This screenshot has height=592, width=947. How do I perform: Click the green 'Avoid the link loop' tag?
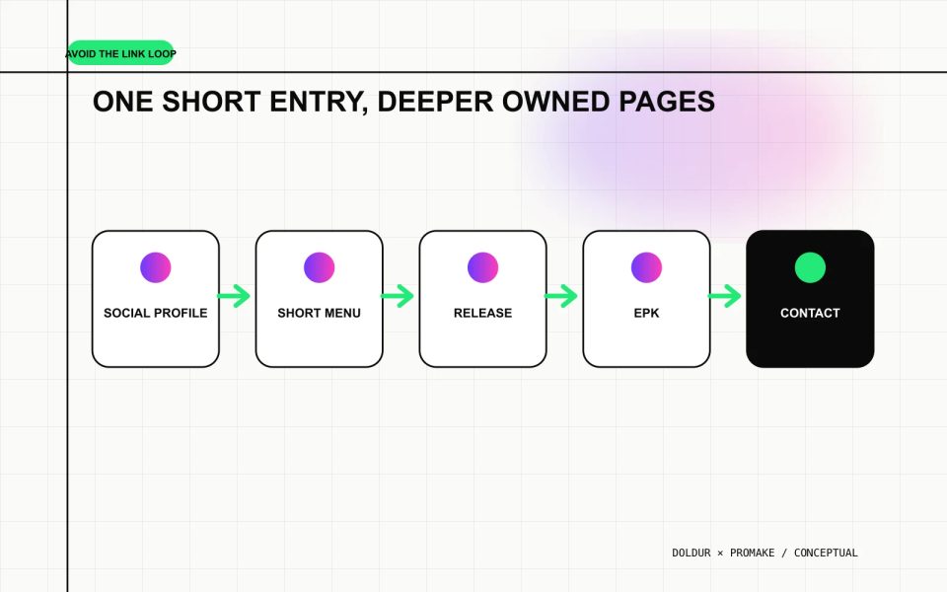point(120,53)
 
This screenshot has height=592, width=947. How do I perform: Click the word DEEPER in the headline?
point(435,102)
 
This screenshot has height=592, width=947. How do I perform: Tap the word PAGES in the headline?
point(667,102)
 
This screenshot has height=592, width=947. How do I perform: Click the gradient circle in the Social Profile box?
point(156,267)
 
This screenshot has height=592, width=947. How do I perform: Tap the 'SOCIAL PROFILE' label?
point(155,313)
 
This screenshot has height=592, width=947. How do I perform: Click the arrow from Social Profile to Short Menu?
point(234,296)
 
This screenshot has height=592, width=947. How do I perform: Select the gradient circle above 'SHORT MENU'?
point(320,267)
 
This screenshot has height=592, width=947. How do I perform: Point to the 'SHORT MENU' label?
point(319,313)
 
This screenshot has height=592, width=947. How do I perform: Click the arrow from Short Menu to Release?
point(398,296)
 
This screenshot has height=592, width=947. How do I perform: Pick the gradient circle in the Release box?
point(483,267)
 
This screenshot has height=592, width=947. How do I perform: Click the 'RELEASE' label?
point(482,313)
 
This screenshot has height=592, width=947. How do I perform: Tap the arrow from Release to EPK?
point(561,296)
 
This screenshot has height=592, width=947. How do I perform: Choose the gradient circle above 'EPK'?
point(647,267)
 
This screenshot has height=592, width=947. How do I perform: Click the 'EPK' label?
point(646,313)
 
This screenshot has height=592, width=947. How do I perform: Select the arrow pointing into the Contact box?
point(725,296)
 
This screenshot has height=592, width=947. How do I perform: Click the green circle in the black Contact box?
point(811,267)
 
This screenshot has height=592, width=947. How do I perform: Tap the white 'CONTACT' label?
point(810,313)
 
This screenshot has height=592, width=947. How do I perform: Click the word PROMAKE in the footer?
point(752,553)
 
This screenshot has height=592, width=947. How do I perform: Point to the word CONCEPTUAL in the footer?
point(826,553)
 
